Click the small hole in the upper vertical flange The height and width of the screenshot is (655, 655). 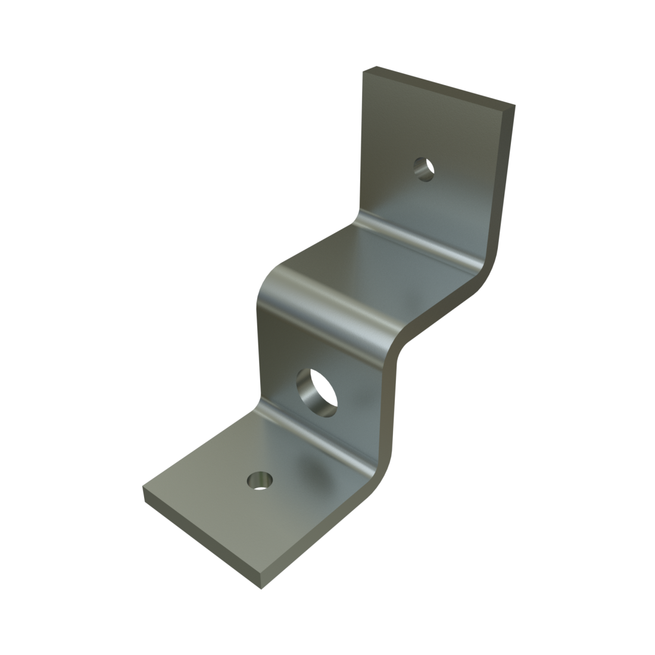pos(423,169)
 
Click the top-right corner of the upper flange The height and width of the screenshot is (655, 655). pos(513,107)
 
